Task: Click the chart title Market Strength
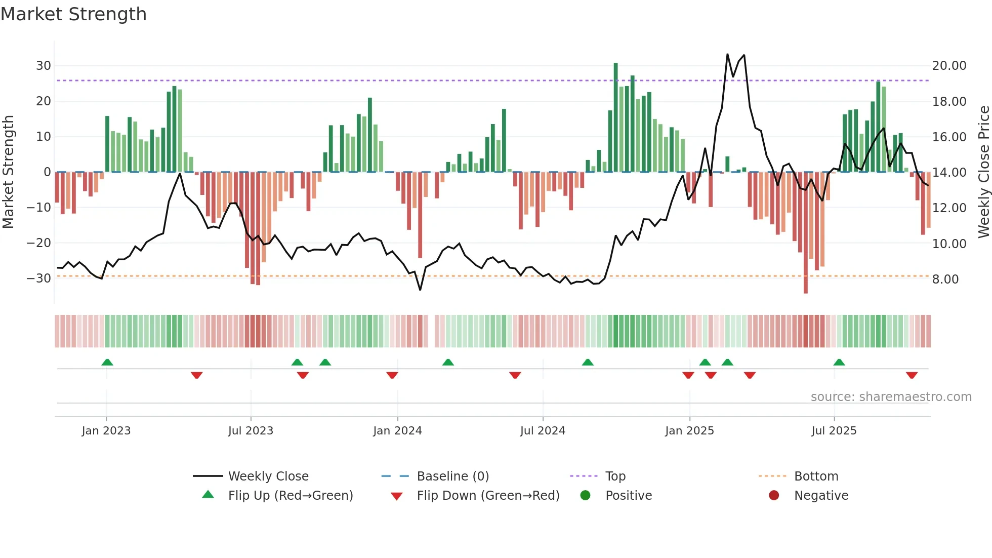(74, 14)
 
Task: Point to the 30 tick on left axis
(43, 66)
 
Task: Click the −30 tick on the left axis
(39, 278)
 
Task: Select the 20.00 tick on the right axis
(949, 66)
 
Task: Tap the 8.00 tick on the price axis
(945, 280)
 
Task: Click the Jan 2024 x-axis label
(397, 431)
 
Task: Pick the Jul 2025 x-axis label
(834, 431)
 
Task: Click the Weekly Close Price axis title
(983, 172)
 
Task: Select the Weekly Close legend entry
(268, 476)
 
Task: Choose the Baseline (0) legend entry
(452, 476)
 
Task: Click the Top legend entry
(615, 476)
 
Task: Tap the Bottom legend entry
(816, 476)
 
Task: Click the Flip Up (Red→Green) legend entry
(290, 496)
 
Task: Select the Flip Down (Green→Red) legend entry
(488, 496)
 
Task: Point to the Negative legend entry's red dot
(774, 495)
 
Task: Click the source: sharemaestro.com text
(891, 397)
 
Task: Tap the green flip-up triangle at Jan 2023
(107, 362)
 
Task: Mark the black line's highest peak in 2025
(727, 54)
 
